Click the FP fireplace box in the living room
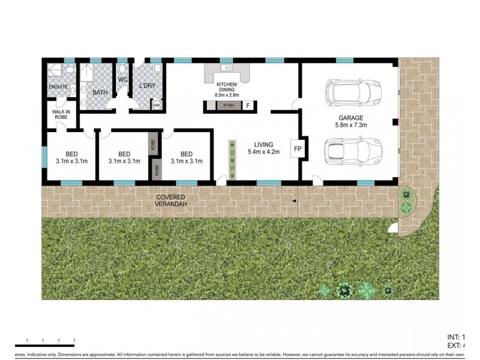297,148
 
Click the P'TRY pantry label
227,106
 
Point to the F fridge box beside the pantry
248,106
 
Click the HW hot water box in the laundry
157,106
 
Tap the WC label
123,79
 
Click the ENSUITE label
58,88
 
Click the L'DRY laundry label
147,86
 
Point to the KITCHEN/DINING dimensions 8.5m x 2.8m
227,95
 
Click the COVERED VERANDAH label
171,200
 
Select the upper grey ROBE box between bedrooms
153,144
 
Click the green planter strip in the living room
231,160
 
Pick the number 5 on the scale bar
74,341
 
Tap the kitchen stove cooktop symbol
209,77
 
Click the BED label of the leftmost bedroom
72,154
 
